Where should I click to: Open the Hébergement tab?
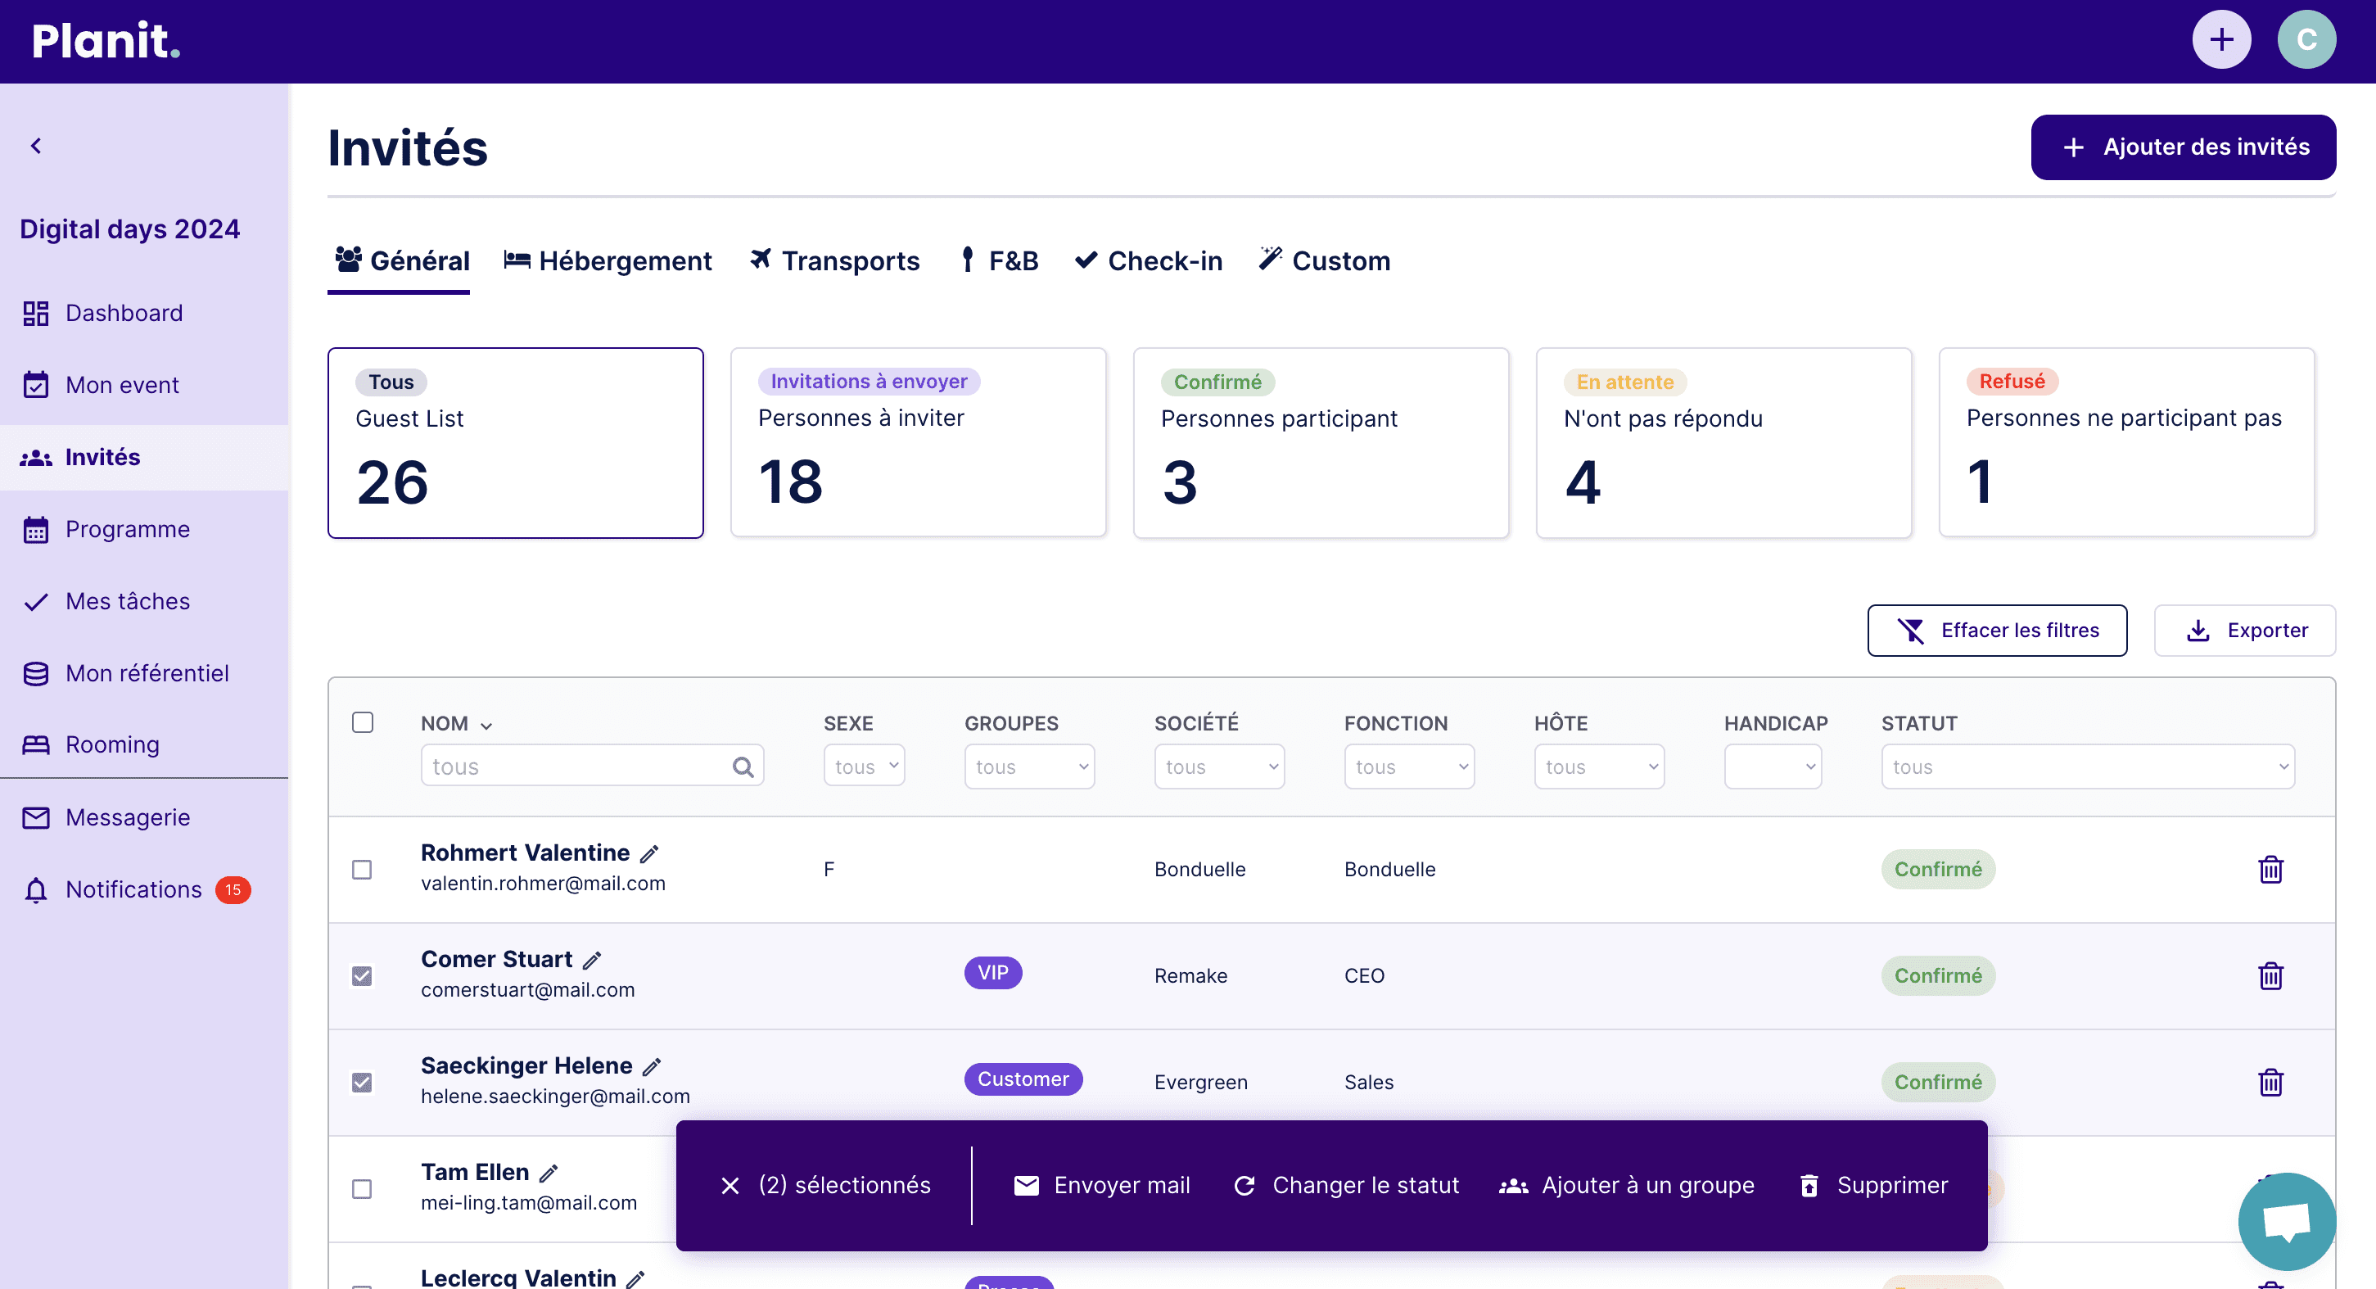click(608, 261)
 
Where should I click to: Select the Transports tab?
click(835, 261)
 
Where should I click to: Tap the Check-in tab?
click(1149, 261)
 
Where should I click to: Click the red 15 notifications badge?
click(233, 889)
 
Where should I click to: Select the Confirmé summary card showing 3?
click(1321, 443)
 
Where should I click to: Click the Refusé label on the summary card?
click(2012, 381)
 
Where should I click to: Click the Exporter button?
click(2244, 631)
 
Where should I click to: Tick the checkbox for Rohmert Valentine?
click(363, 870)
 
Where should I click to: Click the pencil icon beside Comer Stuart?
click(592, 961)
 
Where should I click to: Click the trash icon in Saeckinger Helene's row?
click(2270, 1083)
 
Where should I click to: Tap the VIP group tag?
click(992, 973)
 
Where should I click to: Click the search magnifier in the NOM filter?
click(743, 767)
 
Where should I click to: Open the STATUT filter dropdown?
click(2087, 767)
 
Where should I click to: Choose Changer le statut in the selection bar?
click(1347, 1186)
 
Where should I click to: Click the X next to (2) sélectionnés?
click(730, 1186)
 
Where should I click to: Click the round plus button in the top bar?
click(2221, 39)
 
